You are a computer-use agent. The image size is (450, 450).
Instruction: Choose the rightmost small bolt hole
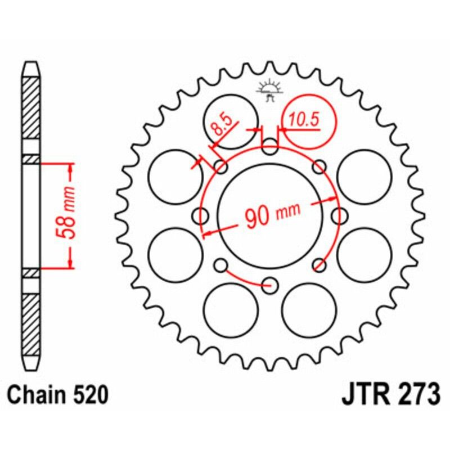click(339, 215)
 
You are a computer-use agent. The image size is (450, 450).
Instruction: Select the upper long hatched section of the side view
click(31, 107)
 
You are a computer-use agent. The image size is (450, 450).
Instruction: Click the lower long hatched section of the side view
click(31, 323)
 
